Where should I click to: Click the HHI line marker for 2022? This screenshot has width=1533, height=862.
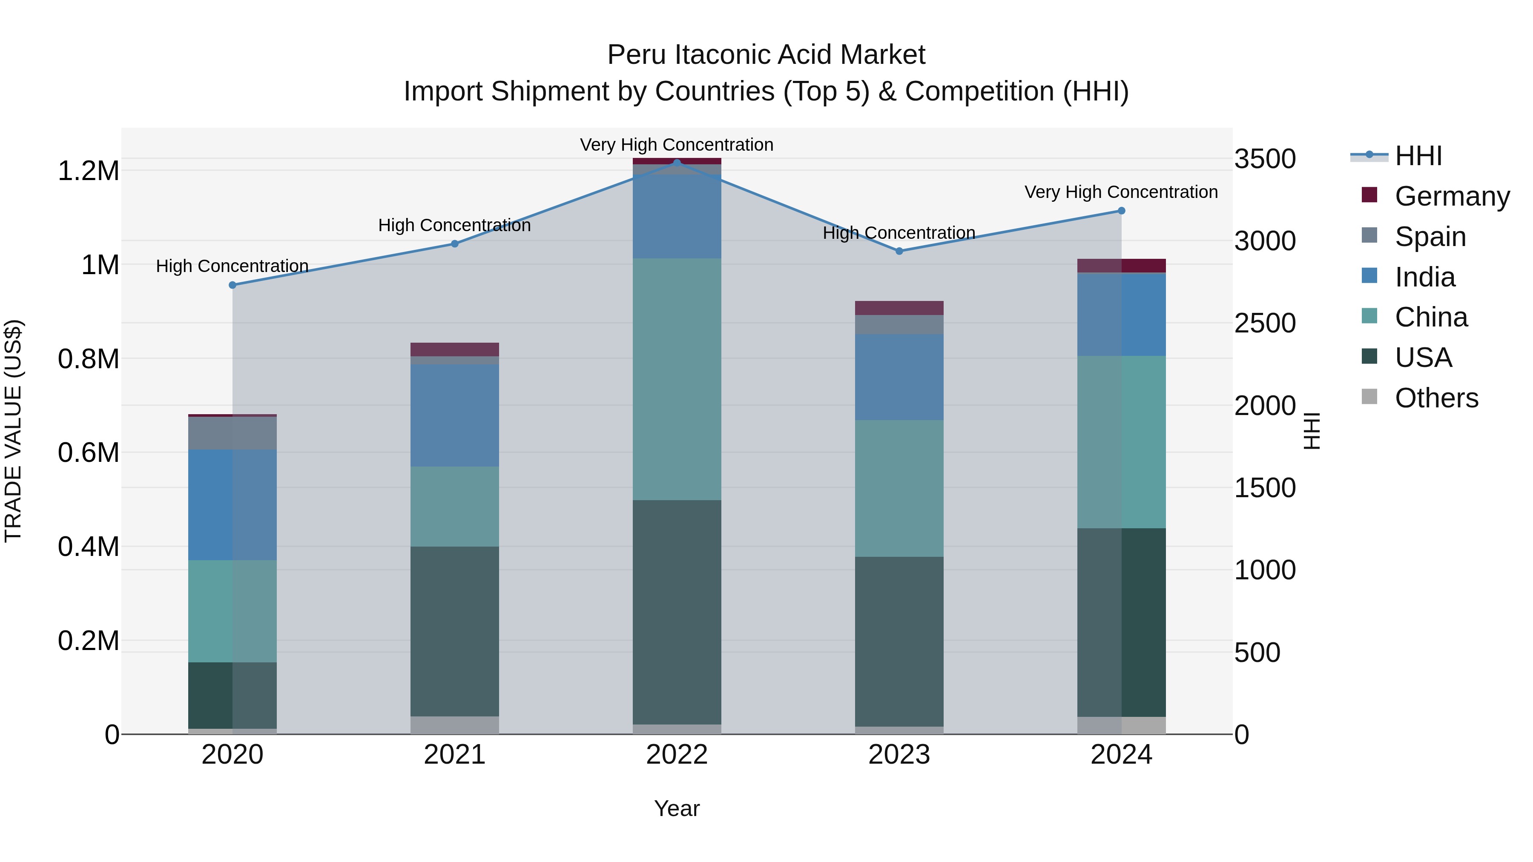(x=677, y=163)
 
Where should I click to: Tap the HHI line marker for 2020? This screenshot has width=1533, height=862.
(x=233, y=285)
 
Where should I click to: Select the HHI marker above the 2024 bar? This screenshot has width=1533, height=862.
(x=1121, y=211)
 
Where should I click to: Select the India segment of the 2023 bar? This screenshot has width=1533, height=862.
(x=899, y=377)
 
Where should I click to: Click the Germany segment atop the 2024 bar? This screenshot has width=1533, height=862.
(x=1121, y=265)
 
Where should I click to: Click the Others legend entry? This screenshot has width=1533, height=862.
(x=1435, y=398)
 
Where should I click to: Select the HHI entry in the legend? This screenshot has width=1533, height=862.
(x=1418, y=156)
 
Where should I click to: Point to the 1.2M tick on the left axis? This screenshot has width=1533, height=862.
(x=88, y=171)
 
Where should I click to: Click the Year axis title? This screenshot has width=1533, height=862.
(x=677, y=808)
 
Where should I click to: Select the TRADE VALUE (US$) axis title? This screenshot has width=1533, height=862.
(x=13, y=431)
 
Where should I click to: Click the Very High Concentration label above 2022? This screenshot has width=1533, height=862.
(x=677, y=145)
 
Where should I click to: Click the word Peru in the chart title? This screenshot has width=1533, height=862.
(x=636, y=55)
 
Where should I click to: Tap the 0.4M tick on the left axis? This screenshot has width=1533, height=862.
(x=88, y=547)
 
